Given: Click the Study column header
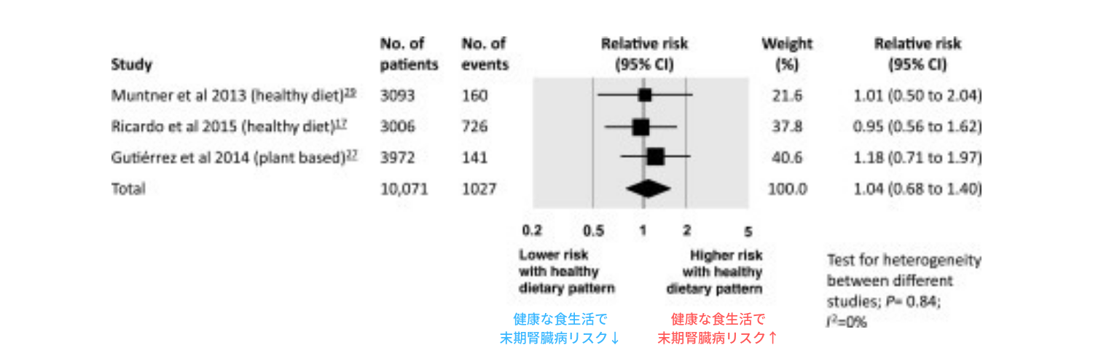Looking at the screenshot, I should pyautogui.click(x=131, y=65).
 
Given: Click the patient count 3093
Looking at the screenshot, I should pyautogui.click(x=398, y=95).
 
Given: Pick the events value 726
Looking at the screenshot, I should pyautogui.click(x=474, y=127).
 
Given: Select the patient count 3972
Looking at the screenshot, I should pyautogui.click(x=398, y=157).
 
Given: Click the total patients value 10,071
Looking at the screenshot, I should pyautogui.click(x=404, y=189).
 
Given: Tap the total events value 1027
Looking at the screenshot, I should pyautogui.click(x=479, y=189).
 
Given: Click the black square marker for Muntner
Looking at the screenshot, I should pyautogui.click(x=644, y=95).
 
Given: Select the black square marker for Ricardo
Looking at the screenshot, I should pyautogui.click(x=640, y=127).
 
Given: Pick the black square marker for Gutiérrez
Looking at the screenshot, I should pyautogui.click(x=655, y=157).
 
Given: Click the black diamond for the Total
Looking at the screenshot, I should pyautogui.click(x=648, y=189).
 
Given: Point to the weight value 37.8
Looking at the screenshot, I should pyautogui.click(x=787, y=127).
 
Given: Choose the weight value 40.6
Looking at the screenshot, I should pyautogui.click(x=787, y=157).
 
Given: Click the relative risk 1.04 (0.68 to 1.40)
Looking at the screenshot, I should pyautogui.click(x=917, y=189).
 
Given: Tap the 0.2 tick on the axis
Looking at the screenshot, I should pyautogui.click(x=532, y=231).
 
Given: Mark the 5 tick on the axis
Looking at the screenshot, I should pyautogui.click(x=748, y=232).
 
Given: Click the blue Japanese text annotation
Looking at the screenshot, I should pyautogui.click(x=560, y=328).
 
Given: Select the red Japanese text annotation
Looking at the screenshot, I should pyautogui.click(x=718, y=328).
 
